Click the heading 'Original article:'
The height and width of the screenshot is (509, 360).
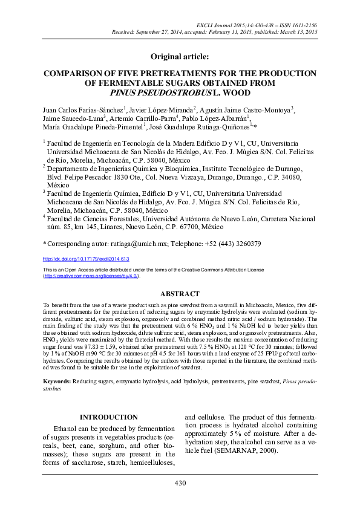point(180,56)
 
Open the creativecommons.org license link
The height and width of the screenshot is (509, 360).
point(90,276)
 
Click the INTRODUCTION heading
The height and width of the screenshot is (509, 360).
point(109,418)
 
